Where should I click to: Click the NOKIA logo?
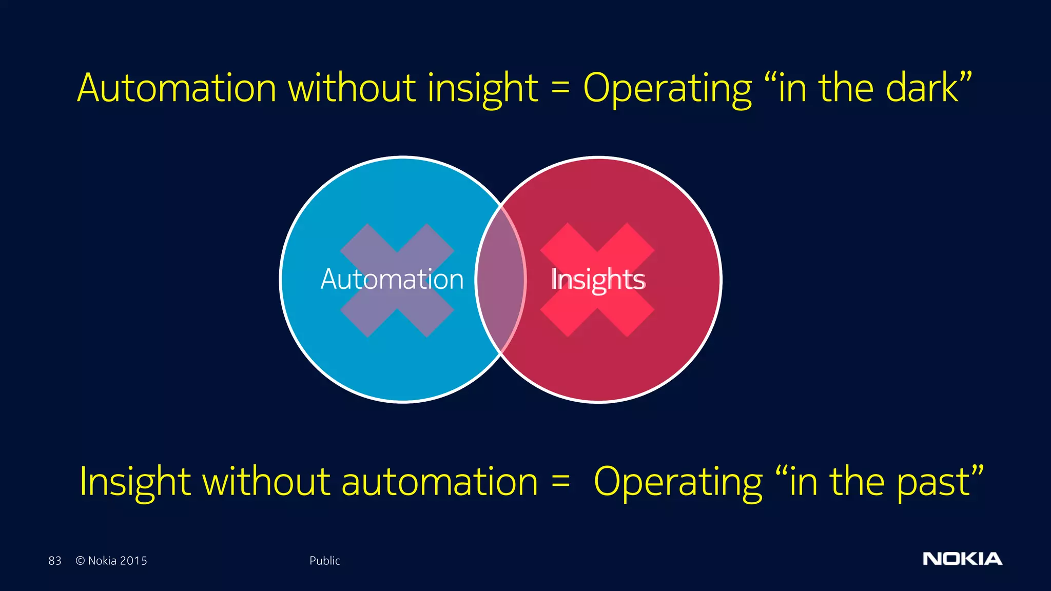coord(962,559)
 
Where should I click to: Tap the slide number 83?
coord(55,561)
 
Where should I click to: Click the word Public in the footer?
coord(324,561)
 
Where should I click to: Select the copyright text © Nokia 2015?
coord(111,561)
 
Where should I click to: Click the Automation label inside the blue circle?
coord(392,280)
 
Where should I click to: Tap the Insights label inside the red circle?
coord(598,280)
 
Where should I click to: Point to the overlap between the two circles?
coord(500,280)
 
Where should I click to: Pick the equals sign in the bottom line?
coord(560,481)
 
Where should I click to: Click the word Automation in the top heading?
coord(177,88)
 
